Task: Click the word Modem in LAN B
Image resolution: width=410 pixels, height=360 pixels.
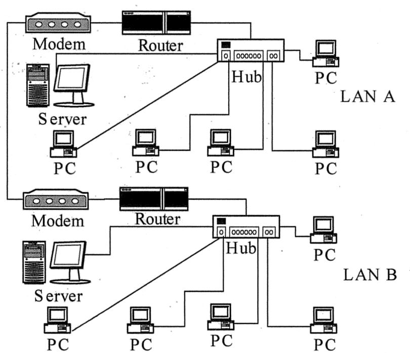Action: pos(58,221)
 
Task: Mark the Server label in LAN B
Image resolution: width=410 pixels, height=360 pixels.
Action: pos(58,296)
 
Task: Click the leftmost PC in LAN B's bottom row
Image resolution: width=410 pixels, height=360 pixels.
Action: pos(57,320)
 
